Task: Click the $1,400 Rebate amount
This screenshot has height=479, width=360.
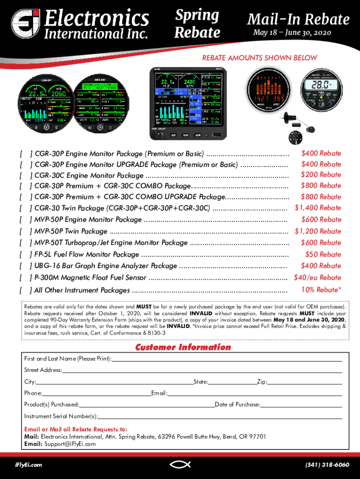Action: (x=317, y=208)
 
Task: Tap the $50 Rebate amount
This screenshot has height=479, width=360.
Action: (x=323, y=254)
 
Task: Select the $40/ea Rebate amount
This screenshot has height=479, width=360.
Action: (x=317, y=277)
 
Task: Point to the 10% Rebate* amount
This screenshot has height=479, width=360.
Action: (x=321, y=290)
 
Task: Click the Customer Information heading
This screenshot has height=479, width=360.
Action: (x=183, y=347)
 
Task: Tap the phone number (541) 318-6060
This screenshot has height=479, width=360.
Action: (x=327, y=465)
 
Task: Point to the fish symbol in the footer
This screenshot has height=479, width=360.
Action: (x=180, y=464)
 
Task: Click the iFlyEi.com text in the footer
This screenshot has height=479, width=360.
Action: (x=29, y=465)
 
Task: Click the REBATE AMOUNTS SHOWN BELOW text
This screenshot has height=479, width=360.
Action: (x=259, y=58)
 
